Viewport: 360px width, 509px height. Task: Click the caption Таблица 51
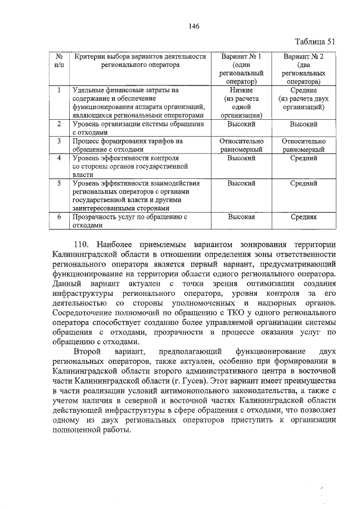point(314,41)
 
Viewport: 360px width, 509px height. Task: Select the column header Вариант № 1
point(242,57)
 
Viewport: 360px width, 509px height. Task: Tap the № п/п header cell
point(59,61)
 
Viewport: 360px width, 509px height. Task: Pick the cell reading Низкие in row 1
point(242,90)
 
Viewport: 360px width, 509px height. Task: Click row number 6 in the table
point(59,216)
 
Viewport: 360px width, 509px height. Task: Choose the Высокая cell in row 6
point(242,216)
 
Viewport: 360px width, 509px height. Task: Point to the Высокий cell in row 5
point(242,183)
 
